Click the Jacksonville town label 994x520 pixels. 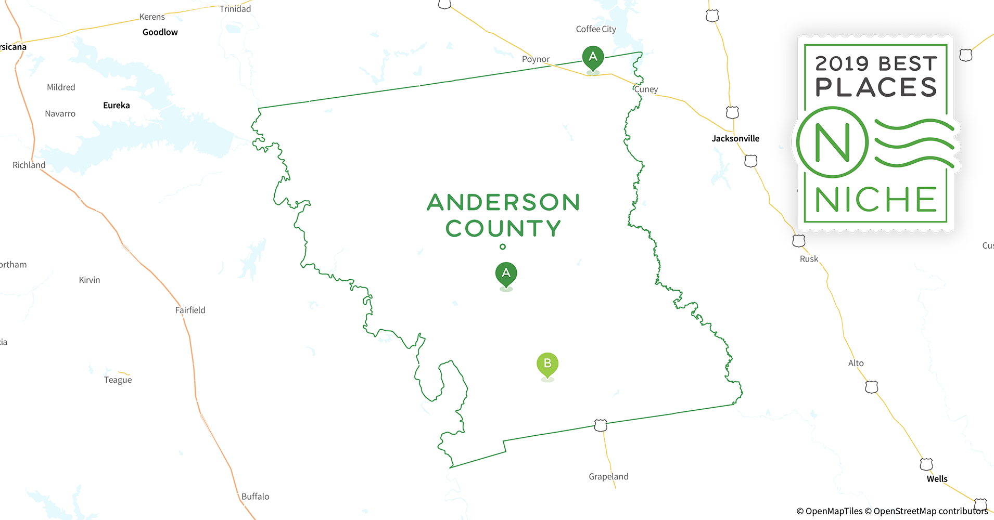coord(735,138)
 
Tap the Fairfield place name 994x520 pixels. coord(190,310)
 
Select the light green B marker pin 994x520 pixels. coord(547,363)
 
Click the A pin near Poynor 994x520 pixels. coord(593,57)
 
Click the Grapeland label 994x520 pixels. coord(608,476)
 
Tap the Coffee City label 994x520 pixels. coord(596,29)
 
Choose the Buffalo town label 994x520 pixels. coord(255,496)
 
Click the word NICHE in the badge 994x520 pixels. coord(876,200)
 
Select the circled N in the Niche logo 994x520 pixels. coord(832,142)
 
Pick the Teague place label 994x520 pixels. coord(118,380)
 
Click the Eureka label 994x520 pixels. coord(117,105)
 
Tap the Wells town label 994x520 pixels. coord(937,479)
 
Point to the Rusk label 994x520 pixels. coord(809,259)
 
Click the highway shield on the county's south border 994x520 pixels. coord(601,425)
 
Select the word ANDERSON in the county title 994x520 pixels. coord(503,202)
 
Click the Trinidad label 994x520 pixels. coord(235,9)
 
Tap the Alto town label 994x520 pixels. coord(856,363)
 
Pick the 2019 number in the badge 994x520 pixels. coord(842,64)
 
